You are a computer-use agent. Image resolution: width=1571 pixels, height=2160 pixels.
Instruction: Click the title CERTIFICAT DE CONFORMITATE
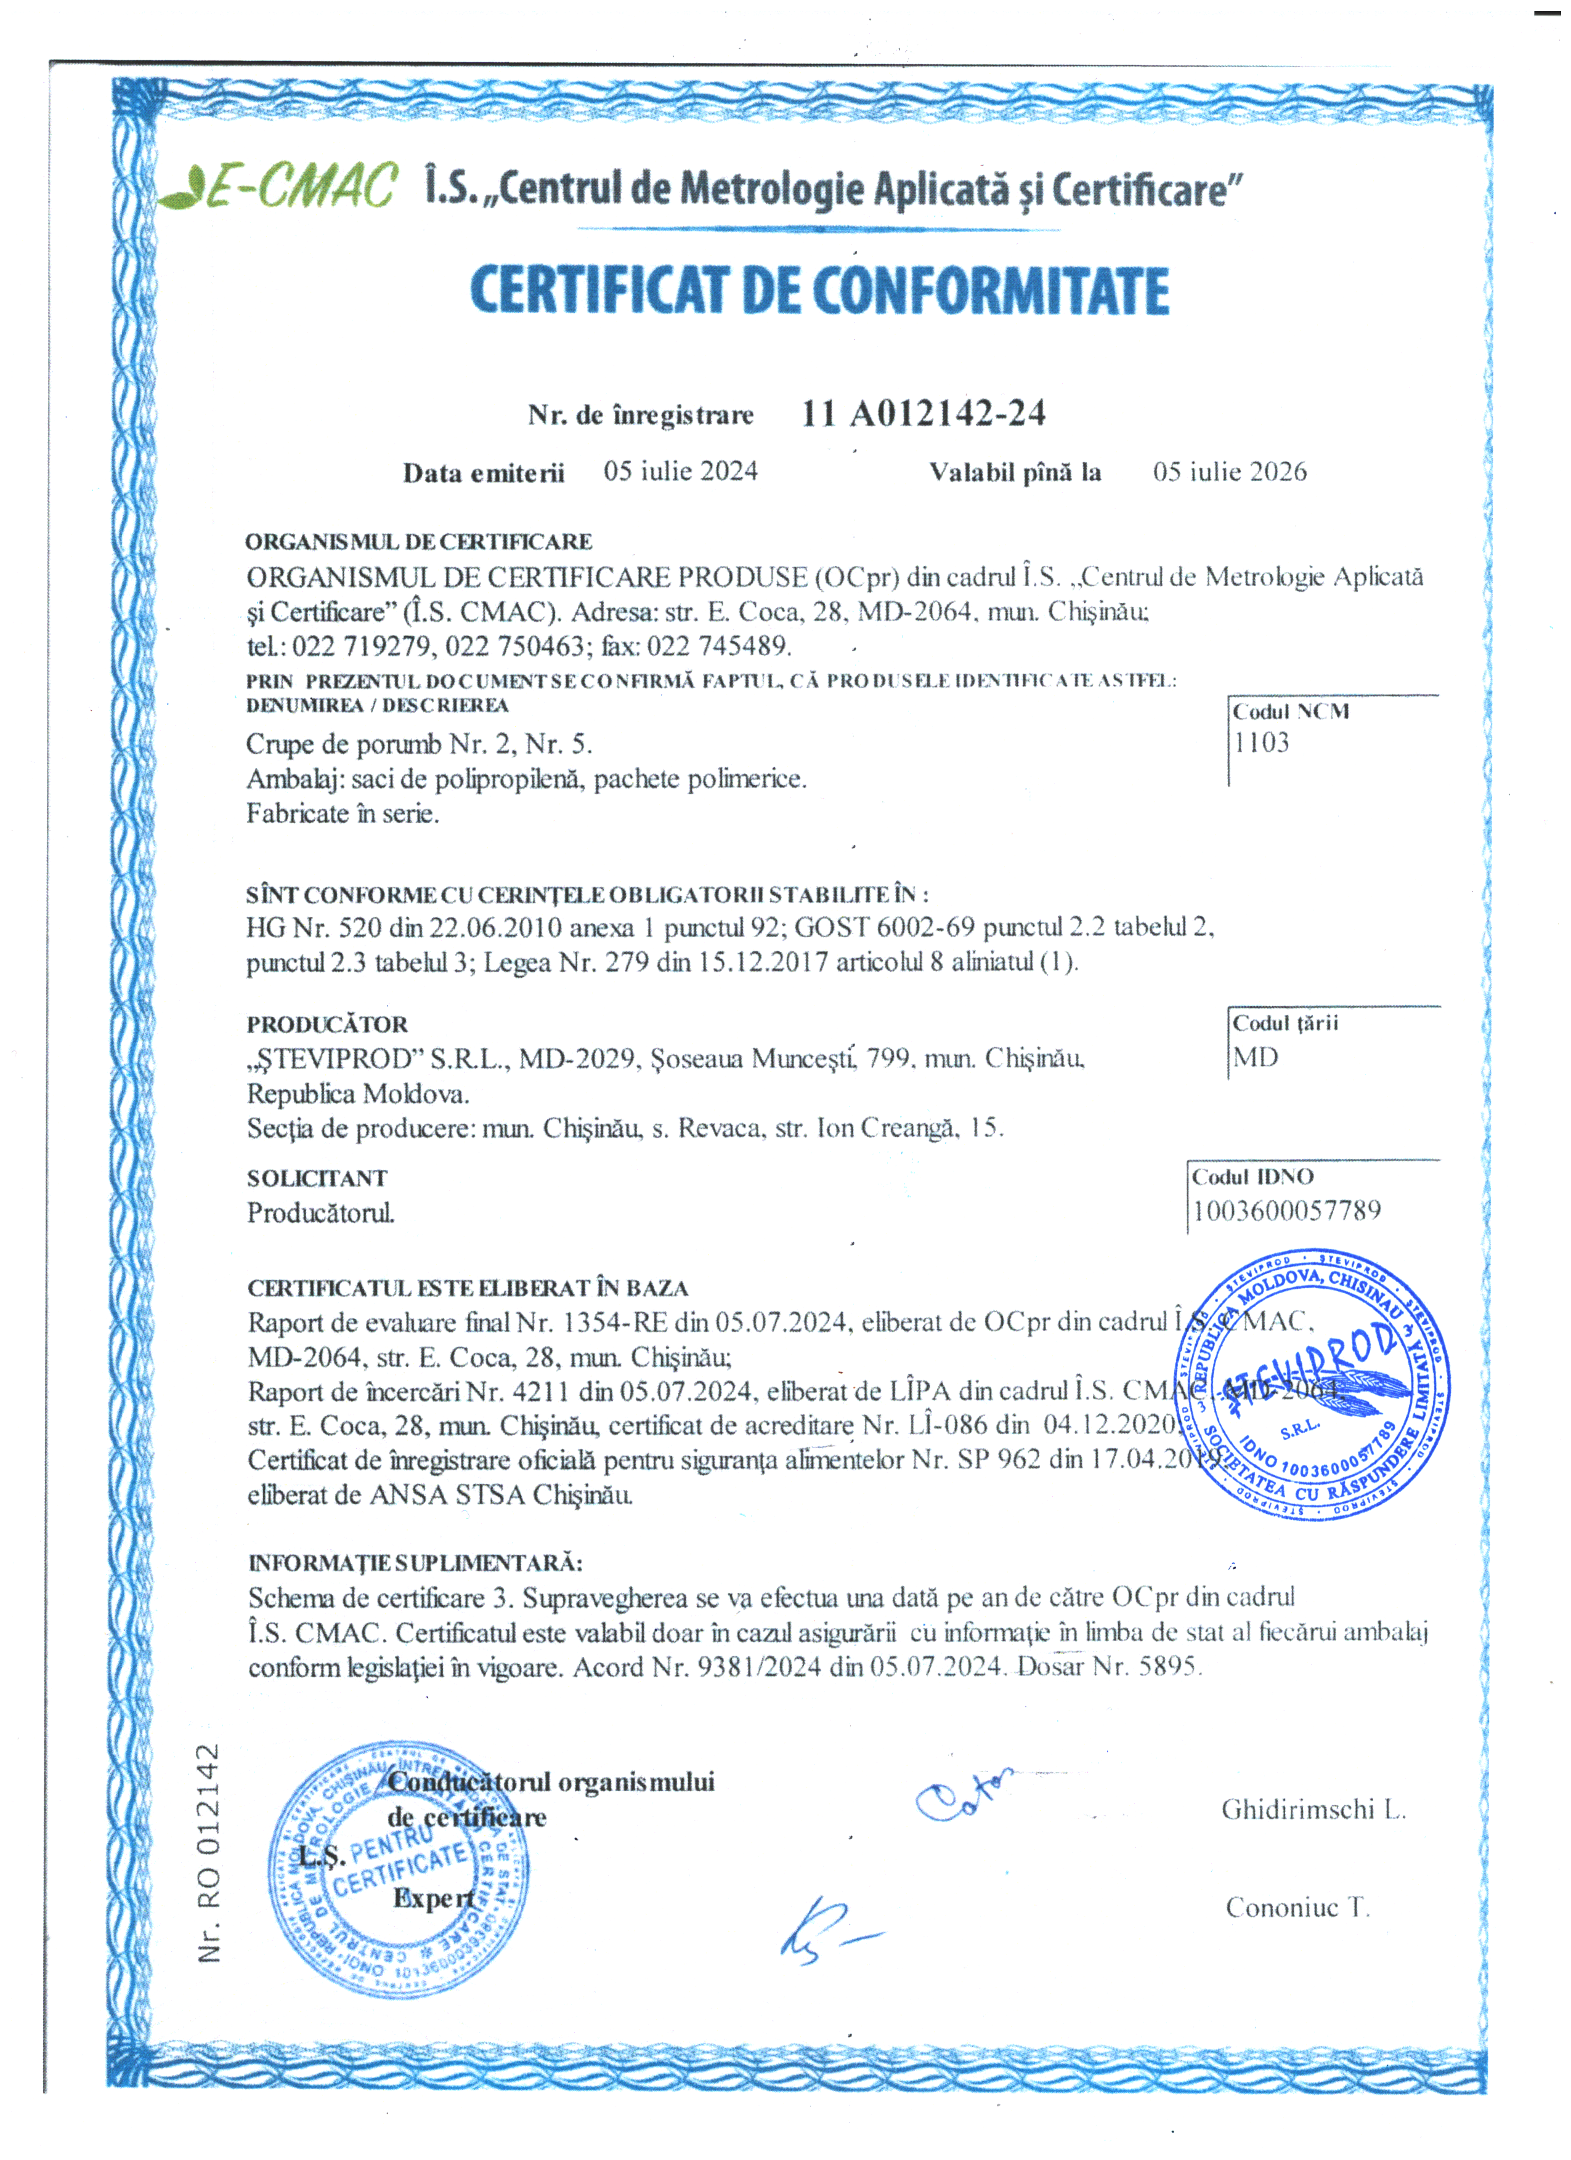(x=819, y=291)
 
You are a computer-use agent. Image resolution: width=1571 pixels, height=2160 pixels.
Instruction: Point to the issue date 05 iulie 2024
(x=680, y=472)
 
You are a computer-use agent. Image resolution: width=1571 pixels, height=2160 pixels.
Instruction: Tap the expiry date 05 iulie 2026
(x=1229, y=472)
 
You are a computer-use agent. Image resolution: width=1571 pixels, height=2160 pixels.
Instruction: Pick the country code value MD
(x=1255, y=1057)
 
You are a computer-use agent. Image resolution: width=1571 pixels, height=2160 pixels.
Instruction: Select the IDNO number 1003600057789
(x=1286, y=1211)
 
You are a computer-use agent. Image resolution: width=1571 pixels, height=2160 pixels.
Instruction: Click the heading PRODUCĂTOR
(x=327, y=1025)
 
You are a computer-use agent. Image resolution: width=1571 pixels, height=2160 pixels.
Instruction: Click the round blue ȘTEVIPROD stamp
(x=1312, y=1385)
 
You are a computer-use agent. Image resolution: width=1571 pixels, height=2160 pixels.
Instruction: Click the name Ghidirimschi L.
(x=1313, y=1810)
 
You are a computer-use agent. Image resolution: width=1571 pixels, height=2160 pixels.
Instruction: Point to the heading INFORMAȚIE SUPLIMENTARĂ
(x=415, y=1563)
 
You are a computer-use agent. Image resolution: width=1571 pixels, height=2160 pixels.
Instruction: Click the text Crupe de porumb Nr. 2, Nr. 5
(x=419, y=744)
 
